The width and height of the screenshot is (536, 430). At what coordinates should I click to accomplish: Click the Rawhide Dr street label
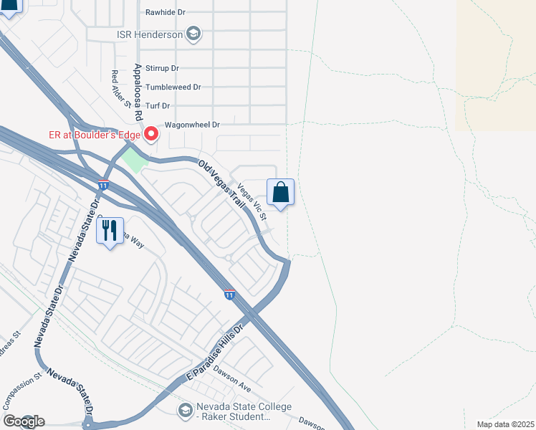(165, 12)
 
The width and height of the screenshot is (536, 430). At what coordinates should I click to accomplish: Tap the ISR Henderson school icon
(193, 33)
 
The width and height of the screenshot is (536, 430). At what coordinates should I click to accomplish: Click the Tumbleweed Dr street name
(173, 87)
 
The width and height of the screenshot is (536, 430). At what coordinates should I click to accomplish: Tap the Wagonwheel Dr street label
(191, 125)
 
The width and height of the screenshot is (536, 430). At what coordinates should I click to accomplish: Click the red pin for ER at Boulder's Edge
(151, 134)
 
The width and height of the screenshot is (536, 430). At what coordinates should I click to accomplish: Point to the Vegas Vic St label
(252, 202)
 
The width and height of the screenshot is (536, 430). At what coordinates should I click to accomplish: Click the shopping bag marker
(280, 193)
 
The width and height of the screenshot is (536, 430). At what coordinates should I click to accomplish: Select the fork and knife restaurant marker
(110, 231)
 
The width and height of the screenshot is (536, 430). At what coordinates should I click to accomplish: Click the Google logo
(24, 421)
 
